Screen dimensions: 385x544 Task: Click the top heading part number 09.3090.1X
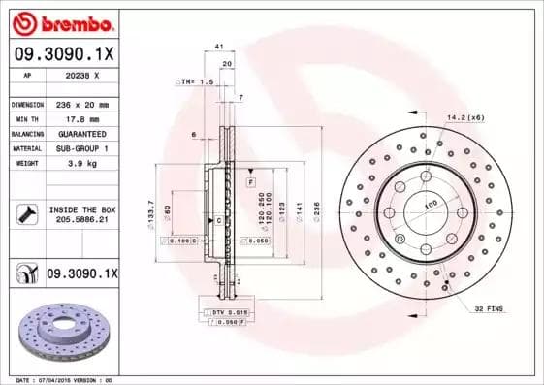(63, 55)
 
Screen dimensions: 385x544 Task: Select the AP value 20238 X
(81, 74)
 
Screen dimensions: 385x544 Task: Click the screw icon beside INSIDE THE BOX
(26, 213)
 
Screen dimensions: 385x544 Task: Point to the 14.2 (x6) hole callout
(465, 117)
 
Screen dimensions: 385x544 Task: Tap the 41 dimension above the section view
(219, 47)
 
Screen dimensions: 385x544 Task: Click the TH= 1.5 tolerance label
(197, 82)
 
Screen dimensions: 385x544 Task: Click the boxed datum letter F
(250, 182)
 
